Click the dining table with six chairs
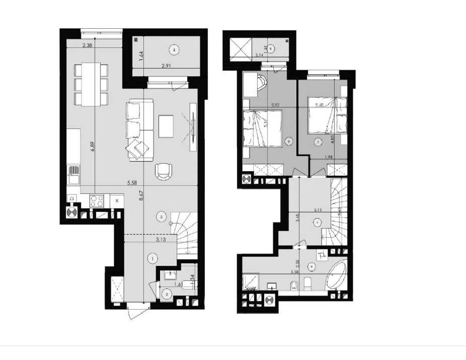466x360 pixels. pos(91,83)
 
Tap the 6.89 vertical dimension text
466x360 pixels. pos(93,146)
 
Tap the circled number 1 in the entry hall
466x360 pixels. pos(152,258)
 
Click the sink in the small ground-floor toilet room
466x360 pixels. pos(168,277)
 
